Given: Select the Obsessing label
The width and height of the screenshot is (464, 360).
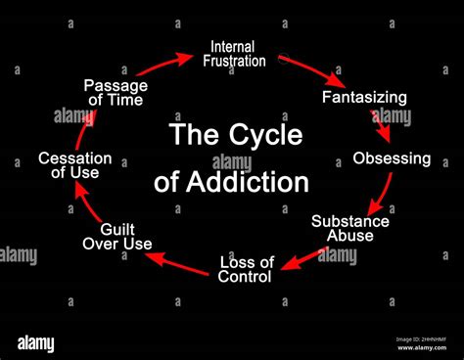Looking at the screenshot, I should tap(392, 157).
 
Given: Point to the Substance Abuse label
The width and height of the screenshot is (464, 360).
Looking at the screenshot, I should tap(350, 228).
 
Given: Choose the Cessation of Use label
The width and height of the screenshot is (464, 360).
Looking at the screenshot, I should tap(74, 165).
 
